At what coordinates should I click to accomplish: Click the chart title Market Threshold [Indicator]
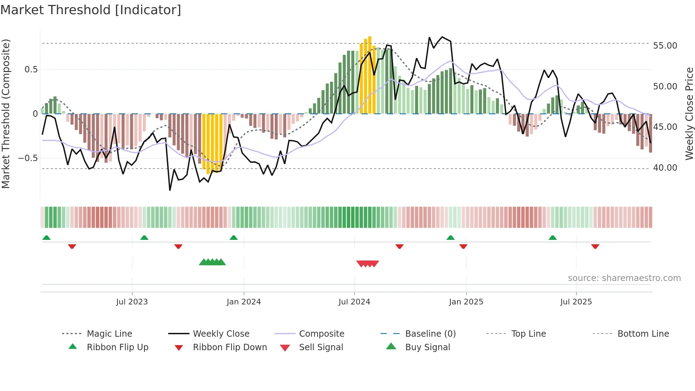pyautogui.click(x=91, y=10)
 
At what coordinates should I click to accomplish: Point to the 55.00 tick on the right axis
pyautogui.click(x=665, y=46)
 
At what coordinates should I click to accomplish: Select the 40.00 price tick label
pyautogui.click(x=665, y=168)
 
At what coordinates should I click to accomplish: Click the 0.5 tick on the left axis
pyautogui.click(x=31, y=70)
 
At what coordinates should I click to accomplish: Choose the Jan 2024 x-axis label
pyautogui.click(x=244, y=302)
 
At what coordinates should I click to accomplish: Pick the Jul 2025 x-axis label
pyautogui.click(x=576, y=302)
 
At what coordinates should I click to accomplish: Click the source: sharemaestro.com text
pyautogui.click(x=624, y=278)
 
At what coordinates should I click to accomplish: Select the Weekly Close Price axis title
pyautogui.click(x=689, y=114)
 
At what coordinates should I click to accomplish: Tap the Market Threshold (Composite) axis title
pyautogui.click(x=6, y=114)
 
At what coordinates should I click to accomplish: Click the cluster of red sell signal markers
pyautogui.click(x=368, y=264)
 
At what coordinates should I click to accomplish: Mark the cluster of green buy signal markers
pyautogui.click(x=212, y=262)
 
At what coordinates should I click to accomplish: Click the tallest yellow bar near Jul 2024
pyautogui.click(x=370, y=75)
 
